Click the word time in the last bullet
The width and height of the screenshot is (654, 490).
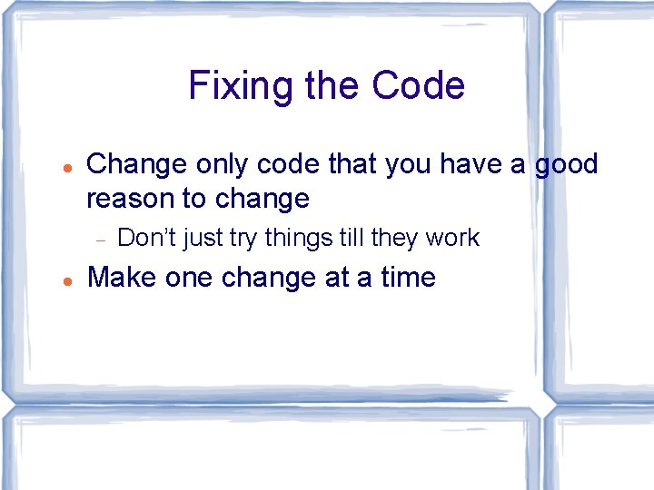(x=408, y=277)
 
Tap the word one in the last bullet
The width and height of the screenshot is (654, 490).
(x=188, y=277)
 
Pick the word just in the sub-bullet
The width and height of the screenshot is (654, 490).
(x=203, y=238)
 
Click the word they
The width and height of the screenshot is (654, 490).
(x=394, y=238)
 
